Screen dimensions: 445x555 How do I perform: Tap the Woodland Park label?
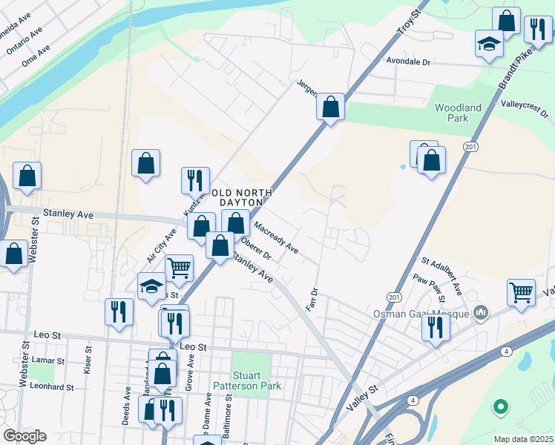pos(458,113)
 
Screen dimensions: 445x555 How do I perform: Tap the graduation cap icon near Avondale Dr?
pos(489,43)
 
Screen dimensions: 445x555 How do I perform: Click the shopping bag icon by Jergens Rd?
pos(330,107)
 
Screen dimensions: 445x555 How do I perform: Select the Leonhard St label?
pos(54,387)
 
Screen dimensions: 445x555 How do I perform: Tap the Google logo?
pos(24,436)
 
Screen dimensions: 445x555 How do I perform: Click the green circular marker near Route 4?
pos(501,406)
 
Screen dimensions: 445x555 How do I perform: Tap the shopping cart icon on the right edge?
pos(521,291)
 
